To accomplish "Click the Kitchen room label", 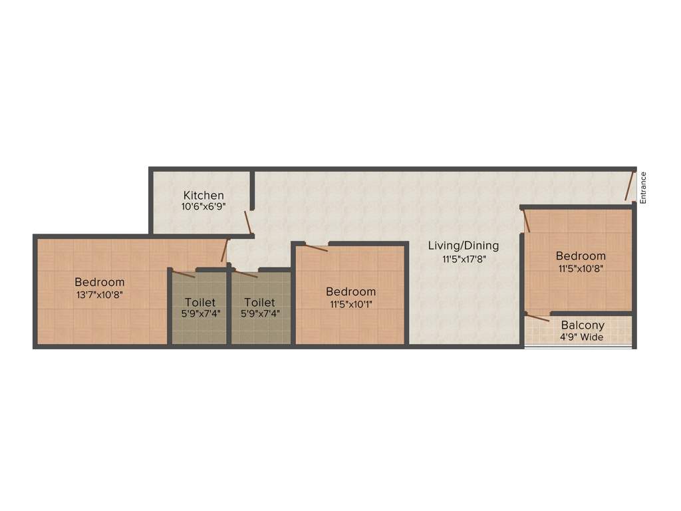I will [204, 196].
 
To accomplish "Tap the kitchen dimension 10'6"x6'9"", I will [203, 207].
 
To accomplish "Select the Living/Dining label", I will [463, 246].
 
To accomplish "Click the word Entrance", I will [643, 188].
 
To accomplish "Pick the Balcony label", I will [583, 325].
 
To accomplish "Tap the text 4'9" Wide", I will [582, 337].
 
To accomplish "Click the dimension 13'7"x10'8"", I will [99, 294].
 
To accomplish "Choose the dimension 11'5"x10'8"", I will [581, 268].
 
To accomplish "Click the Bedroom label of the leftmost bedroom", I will [99, 282].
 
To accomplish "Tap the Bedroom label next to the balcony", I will [581, 255].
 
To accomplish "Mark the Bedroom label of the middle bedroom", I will [350, 291].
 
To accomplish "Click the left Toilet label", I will [200, 302].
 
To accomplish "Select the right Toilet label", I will [259, 302].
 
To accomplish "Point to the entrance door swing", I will [629, 186].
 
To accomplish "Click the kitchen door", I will [247, 222].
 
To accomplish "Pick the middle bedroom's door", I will [316, 248].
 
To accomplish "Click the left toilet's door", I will [184, 273].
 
